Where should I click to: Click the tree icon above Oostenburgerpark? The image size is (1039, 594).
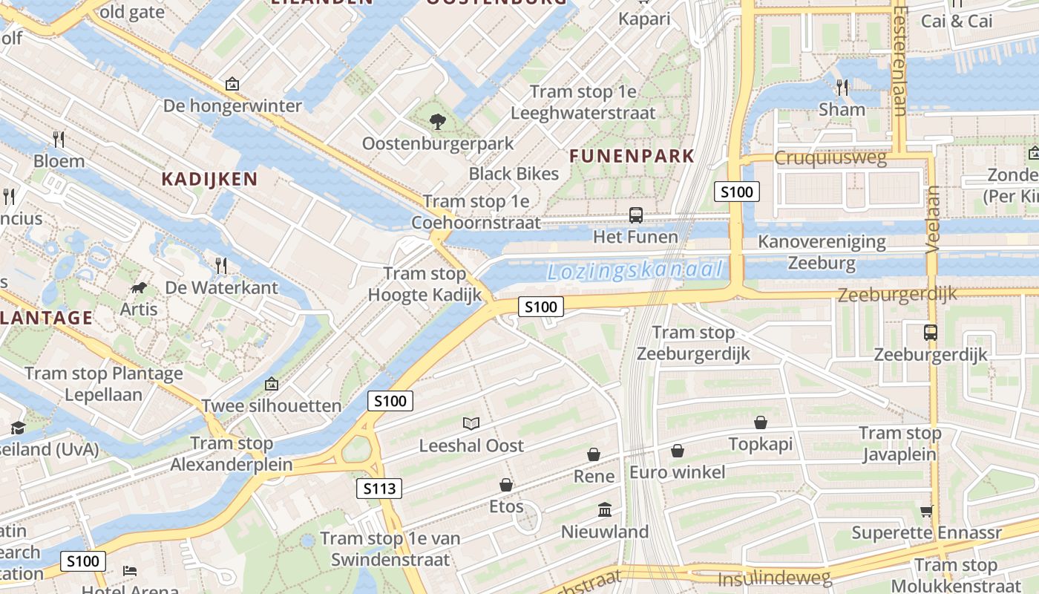(438, 121)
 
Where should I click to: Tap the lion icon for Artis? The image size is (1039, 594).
(138, 287)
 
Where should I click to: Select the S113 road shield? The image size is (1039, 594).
(379, 489)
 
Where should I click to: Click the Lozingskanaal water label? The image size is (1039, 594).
(635, 270)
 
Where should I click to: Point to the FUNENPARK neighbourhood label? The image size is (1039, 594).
(632, 156)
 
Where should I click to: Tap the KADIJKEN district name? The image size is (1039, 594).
(209, 179)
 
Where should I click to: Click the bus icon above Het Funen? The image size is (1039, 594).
(635, 215)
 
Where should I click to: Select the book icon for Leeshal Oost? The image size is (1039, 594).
(471, 423)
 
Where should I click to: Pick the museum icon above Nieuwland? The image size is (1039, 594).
(605, 510)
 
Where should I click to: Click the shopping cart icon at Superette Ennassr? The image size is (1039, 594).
(926, 511)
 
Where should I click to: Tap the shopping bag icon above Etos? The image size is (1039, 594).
(506, 485)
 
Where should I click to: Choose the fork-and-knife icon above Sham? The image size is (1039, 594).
(842, 87)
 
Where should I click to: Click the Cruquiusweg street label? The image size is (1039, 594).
(830, 158)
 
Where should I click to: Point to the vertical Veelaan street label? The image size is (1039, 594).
(933, 220)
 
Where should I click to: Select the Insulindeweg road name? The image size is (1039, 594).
(775, 578)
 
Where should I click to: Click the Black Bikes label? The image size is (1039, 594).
(514, 174)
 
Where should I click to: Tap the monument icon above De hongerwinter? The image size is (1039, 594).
(232, 84)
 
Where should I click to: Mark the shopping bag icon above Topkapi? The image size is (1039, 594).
(761, 422)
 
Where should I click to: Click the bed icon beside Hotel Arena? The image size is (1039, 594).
(130, 570)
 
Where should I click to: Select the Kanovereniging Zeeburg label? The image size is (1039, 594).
(822, 252)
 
